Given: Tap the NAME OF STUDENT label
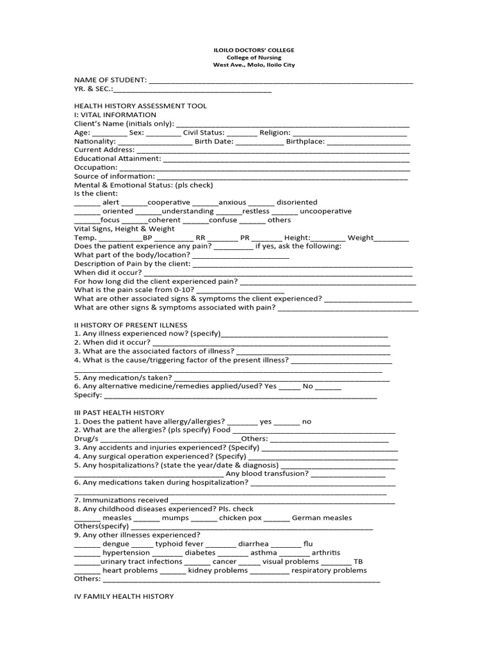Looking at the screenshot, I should click(x=110, y=80).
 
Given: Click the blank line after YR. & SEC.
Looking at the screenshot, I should click(x=193, y=90).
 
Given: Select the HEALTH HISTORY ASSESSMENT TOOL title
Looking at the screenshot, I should click(x=140, y=106).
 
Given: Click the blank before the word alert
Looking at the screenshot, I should click(x=87, y=202).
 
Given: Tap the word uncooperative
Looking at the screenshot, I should click(x=325, y=211).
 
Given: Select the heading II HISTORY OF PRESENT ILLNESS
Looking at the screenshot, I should click(x=131, y=325).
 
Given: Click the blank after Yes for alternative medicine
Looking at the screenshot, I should click(x=290, y=386).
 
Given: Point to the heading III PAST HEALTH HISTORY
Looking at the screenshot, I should click(x=119, y=413).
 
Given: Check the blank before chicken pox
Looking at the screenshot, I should click(x=204, y=518).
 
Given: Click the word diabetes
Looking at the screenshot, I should click(x=200, y=553).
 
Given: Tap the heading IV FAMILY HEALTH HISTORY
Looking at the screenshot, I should click(x=124, y=596).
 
